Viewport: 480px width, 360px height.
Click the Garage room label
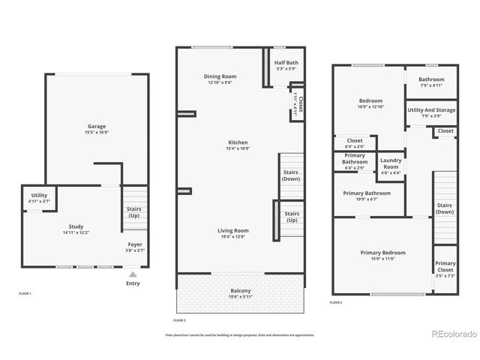(96, 127)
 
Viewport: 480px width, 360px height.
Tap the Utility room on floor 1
(39, 198)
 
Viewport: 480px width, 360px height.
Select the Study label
(76, 226)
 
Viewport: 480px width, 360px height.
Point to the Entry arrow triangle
(133, 274)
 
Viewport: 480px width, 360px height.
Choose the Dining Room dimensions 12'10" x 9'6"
(220, 83)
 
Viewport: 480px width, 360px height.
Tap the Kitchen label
(238, 142)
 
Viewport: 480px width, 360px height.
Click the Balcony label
(241, 291)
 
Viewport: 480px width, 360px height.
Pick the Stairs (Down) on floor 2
(291, 176)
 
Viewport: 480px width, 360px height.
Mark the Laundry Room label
(391, 163)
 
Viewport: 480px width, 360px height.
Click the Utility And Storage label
(430, 111)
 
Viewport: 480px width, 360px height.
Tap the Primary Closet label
(445, 266)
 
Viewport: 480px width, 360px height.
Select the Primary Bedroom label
(382, 253)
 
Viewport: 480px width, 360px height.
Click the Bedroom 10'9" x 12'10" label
(370, 101)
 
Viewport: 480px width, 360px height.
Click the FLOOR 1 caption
(25, 293)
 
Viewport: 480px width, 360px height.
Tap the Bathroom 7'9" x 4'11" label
(431, 80)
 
